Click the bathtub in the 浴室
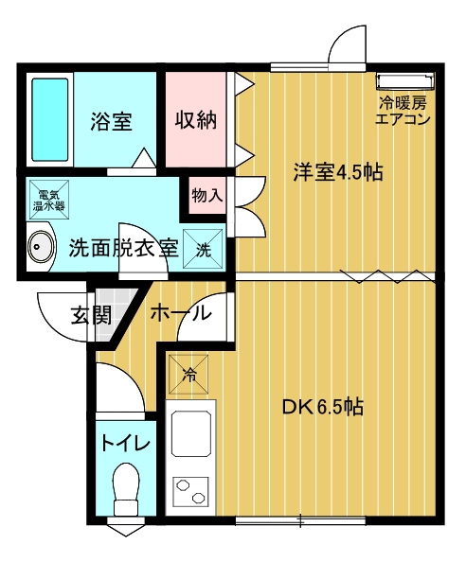click(50, 120)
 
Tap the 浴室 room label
click(111, 121)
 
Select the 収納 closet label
click(196, 120)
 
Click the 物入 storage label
click(207, 196)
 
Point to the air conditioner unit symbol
click(405, 81)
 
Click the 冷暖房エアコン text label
click(403, 111)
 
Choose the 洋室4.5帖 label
click(338, 172)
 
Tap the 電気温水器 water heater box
click(49, 200)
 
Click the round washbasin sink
click(42, 247)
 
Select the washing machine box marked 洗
click(203, 249)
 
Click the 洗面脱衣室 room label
click(124, 248)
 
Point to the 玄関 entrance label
click(92, 315)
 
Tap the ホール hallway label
click(181, 313)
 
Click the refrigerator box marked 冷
click(188, 375)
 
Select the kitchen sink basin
click(190, 434)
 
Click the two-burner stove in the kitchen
click(190, 491)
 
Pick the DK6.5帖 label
click(323, 407)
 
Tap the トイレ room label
click(126, 443)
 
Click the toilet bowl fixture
click(126, 489)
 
